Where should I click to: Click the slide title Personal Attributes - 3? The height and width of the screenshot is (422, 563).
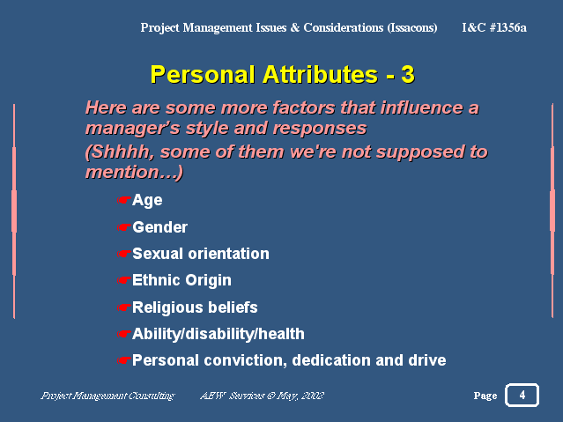[282, 74]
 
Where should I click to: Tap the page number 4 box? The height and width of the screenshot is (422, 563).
[522, 395]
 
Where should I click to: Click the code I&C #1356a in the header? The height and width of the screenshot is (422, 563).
[494, 27]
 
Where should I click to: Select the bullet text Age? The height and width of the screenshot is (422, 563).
[147, 200]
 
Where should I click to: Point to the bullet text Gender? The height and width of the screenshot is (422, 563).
[159, 227]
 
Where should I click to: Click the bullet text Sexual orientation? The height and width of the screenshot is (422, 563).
[201, 254]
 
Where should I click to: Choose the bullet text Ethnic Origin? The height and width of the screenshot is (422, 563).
[181, 280]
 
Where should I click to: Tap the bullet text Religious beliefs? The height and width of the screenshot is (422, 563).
[195, 307]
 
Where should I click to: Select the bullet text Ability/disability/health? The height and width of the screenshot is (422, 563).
[219, 334]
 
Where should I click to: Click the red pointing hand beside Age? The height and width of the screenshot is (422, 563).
[124, 200]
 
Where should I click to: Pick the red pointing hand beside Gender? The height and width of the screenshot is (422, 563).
[124, 227]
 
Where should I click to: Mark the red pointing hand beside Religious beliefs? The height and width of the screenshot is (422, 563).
[124, 307]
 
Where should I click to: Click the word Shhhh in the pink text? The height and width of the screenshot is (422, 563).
[120, 152]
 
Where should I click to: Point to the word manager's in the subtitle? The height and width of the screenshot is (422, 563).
[132, 129]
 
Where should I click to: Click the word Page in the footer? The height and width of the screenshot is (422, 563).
[485, 396]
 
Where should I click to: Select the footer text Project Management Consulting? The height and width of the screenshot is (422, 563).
[107, 396]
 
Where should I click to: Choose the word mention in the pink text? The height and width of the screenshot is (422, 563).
[128, 173]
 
